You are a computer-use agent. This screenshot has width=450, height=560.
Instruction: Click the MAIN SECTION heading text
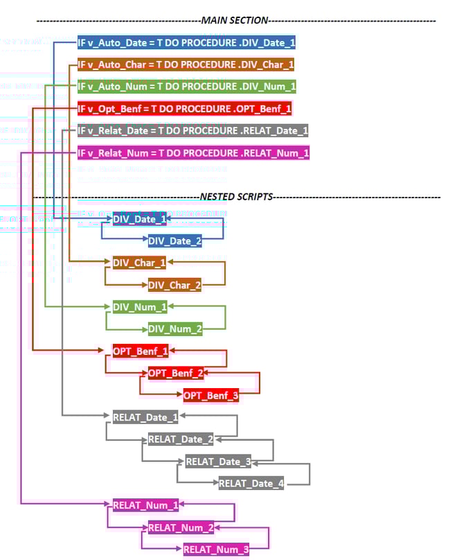(x=235, y=20)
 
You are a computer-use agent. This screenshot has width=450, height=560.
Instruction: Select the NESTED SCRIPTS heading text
(x=236, y=197)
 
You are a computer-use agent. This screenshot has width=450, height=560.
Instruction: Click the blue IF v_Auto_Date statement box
(x=186, y=43)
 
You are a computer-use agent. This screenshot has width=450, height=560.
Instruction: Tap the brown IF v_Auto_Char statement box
(x=186, y=64)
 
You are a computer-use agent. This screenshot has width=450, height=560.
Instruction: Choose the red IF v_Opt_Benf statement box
(x=184, y=109)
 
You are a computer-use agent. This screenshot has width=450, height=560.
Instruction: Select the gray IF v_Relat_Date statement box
(x=193, y=130)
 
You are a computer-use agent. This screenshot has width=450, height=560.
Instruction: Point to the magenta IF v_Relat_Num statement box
(x=193, y=152)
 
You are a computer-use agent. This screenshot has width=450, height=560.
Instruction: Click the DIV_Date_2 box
(x=175, y=240)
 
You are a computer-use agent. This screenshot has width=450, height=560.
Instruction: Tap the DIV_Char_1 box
(x=139, y=263)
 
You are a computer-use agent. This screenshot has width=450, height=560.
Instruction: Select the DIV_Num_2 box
(x=175, y=329)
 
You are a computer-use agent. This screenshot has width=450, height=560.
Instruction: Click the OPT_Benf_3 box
(x=211, y=396)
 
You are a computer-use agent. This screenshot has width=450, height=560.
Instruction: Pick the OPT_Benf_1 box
(x=141, y=351)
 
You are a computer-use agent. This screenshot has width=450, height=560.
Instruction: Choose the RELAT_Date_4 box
(x=251, y=484)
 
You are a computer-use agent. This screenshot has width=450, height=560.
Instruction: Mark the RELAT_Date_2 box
(x=181, y=439)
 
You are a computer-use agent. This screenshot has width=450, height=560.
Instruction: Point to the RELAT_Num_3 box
(x=215, y=550)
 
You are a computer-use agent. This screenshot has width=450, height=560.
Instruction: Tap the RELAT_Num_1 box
(x=145, y=505)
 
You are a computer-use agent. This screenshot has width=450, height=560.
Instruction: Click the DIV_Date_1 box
(x=140, y=219)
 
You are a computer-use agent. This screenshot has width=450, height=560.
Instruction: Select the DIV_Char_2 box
(x=174, y=285)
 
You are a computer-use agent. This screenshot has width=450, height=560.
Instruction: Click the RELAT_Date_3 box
(x=218, y=462)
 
